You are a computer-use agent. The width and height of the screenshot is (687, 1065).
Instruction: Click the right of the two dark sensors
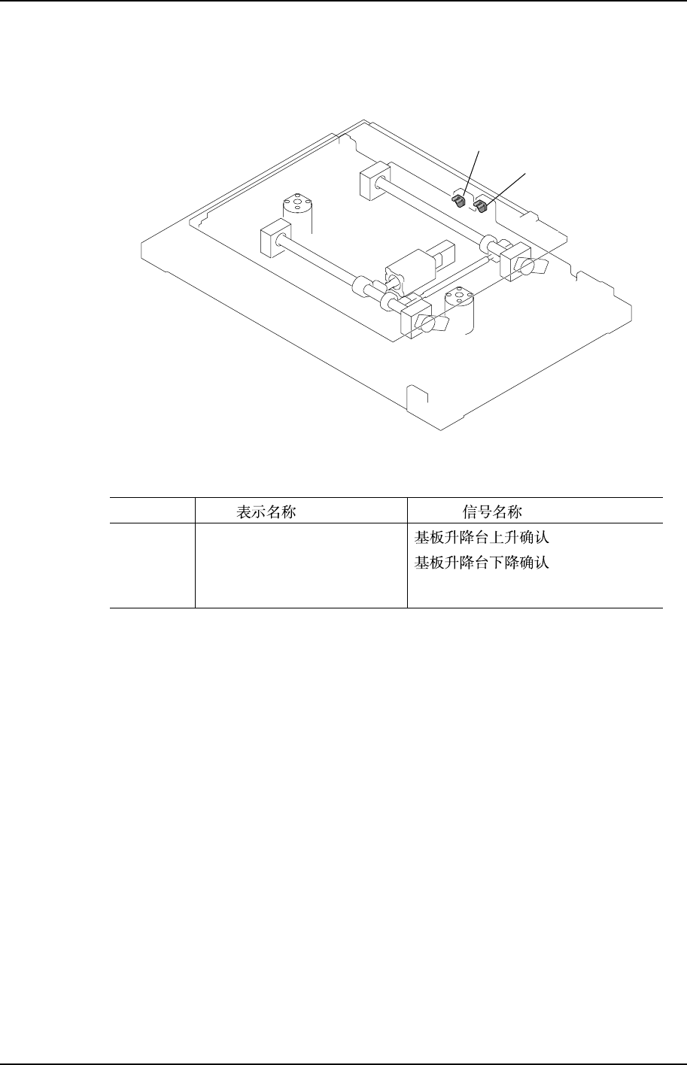pos(482,206)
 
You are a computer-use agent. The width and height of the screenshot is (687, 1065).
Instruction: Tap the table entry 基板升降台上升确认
pos(482,539)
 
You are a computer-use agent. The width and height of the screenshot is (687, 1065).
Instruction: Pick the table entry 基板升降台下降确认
pos(482,563)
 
